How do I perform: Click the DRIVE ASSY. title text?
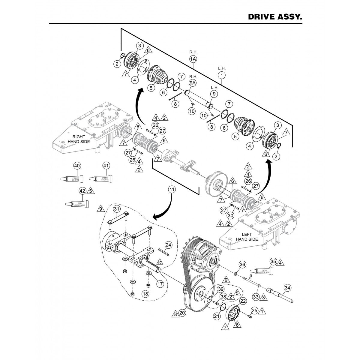click(x=274, y=17)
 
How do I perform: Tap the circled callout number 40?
click(x=77, y=166)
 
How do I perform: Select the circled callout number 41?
click(x=106, y=166)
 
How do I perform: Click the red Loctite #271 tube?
click(x=76, y=204)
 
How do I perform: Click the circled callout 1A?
click(x=193, y=59)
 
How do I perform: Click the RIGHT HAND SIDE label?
click(x=79, y=139)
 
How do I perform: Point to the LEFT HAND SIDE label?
click(x=247, y=237)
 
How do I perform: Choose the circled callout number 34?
click(x=287, y=288)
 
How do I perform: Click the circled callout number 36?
click(x=242, y=264)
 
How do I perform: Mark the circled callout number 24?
click(x=169, y=245)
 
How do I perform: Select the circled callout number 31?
click(x=117, y=209)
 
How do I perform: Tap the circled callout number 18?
click(x=145, y=294)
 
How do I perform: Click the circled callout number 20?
click(x=182, y=313)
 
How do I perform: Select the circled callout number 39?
click(x=221, y=289)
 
